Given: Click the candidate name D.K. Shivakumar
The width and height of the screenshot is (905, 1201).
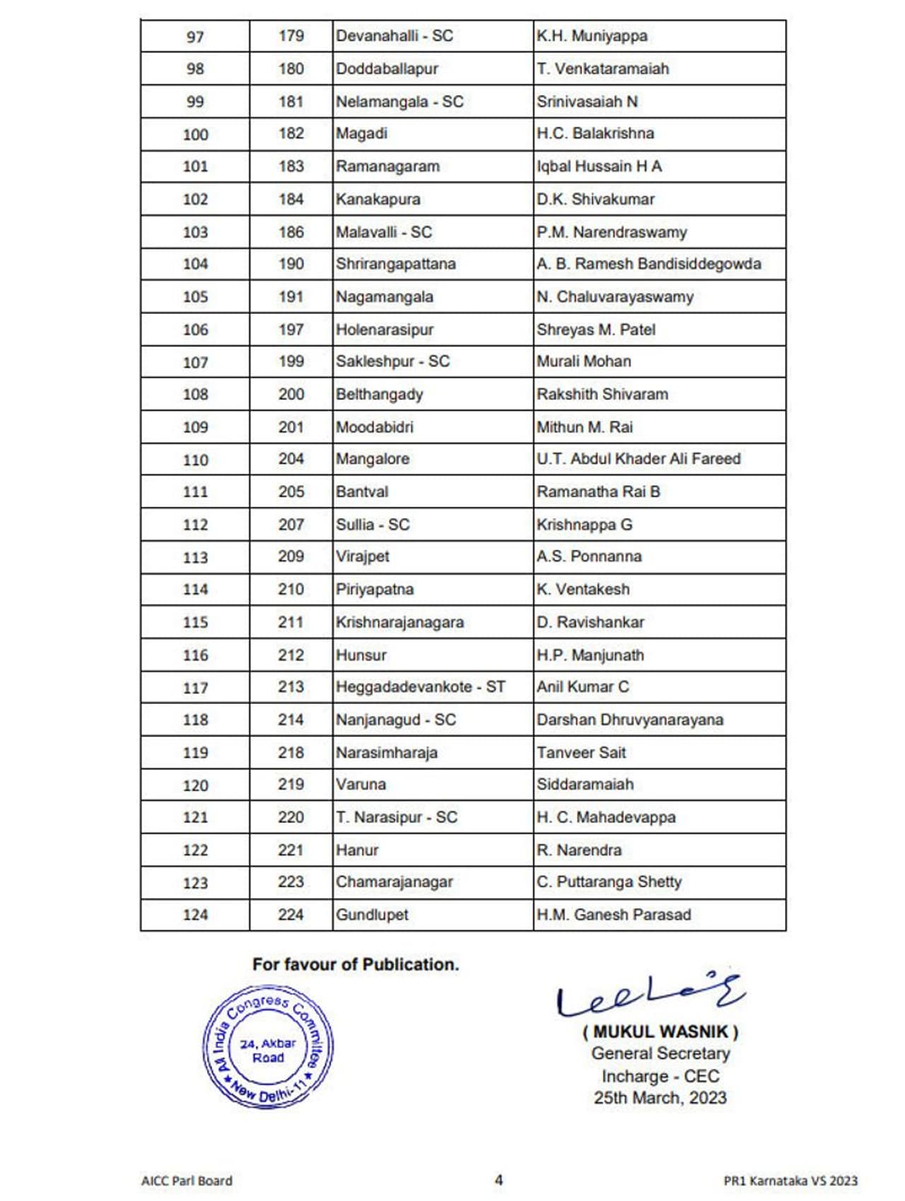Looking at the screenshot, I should point(595,199).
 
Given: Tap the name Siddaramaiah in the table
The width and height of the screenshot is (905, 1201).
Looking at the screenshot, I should point(585,785).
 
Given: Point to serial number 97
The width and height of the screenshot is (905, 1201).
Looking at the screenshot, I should point(195,36).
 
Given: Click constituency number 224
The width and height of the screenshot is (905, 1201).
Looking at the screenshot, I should point(291,915).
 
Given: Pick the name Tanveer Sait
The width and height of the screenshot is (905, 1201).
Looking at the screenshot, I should point(581,753).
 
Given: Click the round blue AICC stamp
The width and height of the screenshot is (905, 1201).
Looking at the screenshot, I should point(268,1047).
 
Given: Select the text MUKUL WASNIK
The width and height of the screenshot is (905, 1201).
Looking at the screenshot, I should point(660,1032).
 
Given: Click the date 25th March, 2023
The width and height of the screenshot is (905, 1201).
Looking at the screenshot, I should point(660,1098).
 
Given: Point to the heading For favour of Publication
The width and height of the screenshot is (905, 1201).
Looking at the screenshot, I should point(356,964).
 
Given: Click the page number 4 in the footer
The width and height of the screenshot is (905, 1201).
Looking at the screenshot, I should point(498,1180).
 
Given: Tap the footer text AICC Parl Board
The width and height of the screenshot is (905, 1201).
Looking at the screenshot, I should point(187,1181).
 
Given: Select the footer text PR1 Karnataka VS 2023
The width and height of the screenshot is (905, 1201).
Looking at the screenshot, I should point(790,1181).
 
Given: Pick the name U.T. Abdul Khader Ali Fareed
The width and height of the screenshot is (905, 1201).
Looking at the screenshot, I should point(638,459).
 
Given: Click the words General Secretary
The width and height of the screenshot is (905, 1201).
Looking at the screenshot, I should point(660,1053).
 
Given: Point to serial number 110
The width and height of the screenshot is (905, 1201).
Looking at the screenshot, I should point(195,460).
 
